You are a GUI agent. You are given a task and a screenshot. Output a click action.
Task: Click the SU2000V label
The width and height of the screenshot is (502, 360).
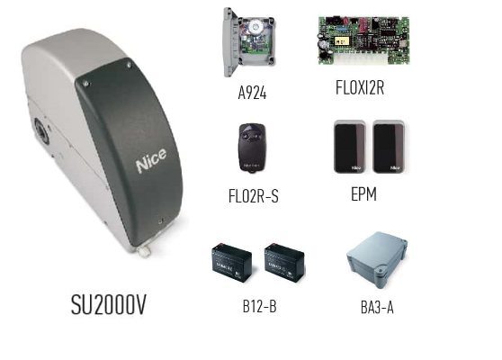point(109,304)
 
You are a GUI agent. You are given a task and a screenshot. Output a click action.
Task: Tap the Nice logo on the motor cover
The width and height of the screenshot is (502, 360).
point(151,160)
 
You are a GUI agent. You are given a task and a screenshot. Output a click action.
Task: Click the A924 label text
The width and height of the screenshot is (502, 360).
point(252,93)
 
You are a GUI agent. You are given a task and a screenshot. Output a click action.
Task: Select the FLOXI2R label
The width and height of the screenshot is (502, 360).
point(360,87)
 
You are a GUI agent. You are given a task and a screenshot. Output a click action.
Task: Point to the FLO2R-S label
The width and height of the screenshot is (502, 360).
point(254,196)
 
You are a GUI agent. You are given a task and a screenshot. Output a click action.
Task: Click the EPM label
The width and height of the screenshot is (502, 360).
point(364,194)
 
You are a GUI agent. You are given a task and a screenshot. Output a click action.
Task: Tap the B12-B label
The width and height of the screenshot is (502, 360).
point(260,306)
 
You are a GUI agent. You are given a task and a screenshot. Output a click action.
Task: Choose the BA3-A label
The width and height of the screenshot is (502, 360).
point(377,308)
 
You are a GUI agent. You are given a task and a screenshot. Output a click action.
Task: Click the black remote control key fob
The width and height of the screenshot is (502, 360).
point(252,148)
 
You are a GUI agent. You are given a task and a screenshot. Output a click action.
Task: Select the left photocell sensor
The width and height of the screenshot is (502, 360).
point(350,147)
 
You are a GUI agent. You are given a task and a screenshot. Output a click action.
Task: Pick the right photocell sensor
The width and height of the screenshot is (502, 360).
point(389,147)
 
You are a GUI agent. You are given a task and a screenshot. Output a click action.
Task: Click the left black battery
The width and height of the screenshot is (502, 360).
point(232,263)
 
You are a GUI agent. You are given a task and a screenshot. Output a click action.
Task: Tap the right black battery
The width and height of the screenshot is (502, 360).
point(284,263)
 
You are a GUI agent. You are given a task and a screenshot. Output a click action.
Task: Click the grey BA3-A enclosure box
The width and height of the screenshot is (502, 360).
point(378,259)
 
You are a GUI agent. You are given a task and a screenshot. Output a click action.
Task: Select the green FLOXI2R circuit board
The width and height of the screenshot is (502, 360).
point(364,40)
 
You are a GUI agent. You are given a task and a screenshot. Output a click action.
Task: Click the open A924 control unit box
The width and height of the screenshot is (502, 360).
point(249,41)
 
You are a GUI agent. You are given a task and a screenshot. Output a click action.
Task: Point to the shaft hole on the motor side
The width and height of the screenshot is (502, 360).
point(41,130)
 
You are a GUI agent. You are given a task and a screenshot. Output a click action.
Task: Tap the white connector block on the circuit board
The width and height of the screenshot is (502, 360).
point(361,58)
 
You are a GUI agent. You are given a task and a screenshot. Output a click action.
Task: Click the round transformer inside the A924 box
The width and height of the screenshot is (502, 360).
point(255,26)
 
